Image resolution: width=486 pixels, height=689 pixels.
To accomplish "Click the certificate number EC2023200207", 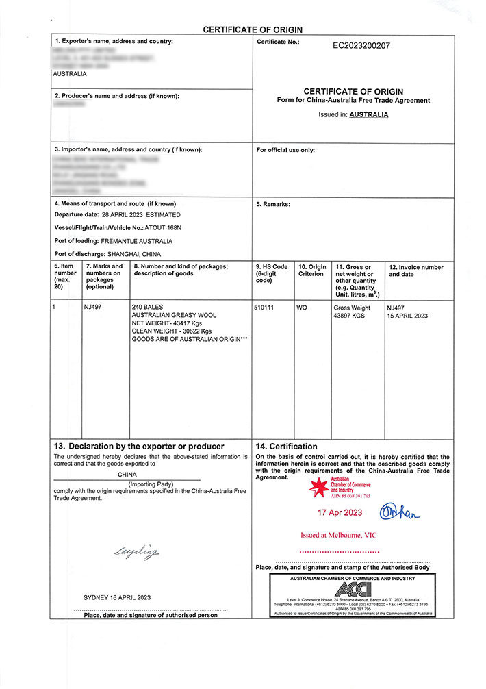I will click(361, 46).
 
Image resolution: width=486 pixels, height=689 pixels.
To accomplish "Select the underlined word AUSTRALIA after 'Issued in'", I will click(369, 115).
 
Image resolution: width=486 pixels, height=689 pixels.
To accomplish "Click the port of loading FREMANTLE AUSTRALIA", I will click(136, 241).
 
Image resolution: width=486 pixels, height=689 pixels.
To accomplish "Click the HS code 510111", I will click(264, 308).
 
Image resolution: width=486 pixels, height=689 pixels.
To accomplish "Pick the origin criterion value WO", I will click(302, 308).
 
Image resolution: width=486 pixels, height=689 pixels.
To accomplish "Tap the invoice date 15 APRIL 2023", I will click(407, 316).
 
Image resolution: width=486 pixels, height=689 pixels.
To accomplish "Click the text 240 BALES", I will click(147, 307).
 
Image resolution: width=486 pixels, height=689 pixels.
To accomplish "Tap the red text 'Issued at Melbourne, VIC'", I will click(339, 535).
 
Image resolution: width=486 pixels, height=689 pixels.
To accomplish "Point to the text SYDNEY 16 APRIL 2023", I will click(117, 597).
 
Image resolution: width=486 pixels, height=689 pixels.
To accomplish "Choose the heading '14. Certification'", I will click(286, 447).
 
